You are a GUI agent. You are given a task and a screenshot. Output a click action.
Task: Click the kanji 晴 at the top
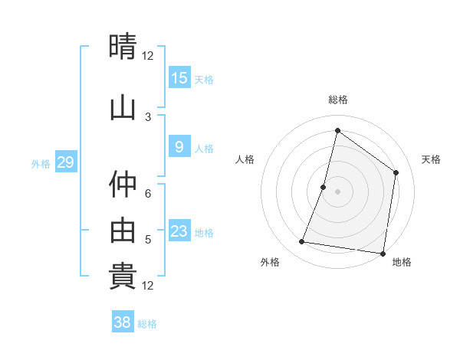(x=123, y=47)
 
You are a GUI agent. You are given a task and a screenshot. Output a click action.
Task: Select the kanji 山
(x=123, y=106)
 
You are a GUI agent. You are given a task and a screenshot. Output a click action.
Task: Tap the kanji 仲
(x=123, y=184)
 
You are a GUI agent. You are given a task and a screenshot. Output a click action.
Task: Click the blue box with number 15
(x=179, y=77)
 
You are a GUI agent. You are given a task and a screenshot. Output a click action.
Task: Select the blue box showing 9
(x=179, y=147)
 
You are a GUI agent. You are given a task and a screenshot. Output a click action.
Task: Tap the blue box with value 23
(x=179, y=231)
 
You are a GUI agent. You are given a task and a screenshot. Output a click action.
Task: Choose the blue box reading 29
(x=65, y=162)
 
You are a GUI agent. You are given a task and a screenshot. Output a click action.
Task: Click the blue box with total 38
(x=123, y=322)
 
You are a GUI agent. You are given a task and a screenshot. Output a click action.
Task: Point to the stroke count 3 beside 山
(x=148, y=117)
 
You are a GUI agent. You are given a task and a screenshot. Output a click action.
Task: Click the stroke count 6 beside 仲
(x=148, y=195)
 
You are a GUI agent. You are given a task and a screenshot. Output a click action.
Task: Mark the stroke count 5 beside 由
(x=148, y=240)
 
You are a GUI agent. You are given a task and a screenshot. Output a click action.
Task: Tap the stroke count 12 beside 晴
(x=148, y=56)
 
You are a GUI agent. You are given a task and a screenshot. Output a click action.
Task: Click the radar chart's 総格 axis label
(x=337, y=100)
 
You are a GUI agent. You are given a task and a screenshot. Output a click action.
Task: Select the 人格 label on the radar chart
(x=245, y=159)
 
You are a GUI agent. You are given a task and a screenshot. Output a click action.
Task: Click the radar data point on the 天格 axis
(x=396, y=172)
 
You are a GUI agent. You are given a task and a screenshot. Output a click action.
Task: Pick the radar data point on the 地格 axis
(x=383, y=253)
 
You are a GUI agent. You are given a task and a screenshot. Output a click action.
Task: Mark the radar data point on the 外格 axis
(x=302, y=242)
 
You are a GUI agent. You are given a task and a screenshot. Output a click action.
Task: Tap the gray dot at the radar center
(x=337, y=191)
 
